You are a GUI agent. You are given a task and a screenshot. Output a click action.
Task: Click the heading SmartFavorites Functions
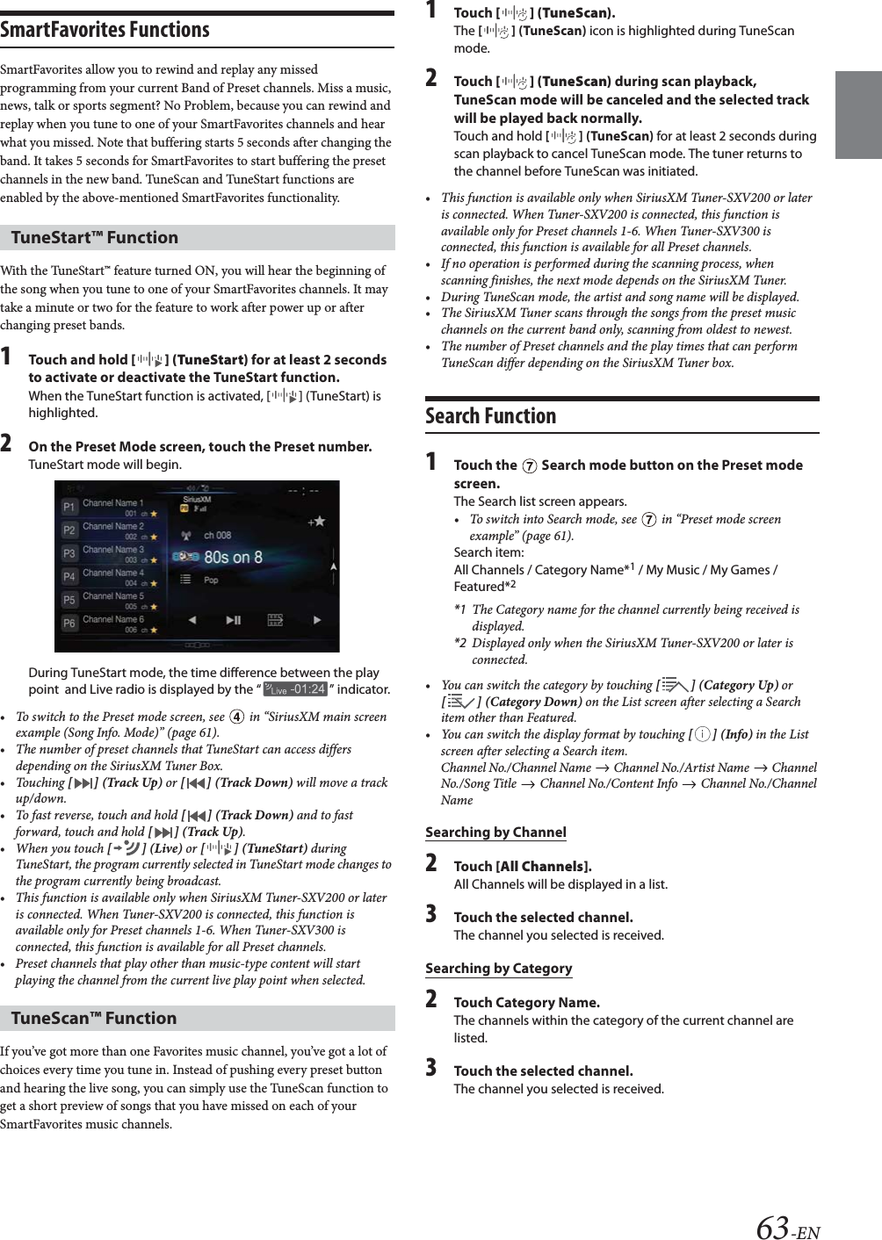105,30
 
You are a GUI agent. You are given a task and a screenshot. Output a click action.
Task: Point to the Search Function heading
490,416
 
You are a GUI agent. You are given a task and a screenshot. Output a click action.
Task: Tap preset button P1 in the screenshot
69,507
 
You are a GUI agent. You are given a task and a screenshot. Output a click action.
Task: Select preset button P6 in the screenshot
69,623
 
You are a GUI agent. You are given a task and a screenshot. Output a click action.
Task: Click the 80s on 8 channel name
232,557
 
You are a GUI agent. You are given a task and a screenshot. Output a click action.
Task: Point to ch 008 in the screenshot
217,535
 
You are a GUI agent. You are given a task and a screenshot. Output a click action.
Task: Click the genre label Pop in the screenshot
211,580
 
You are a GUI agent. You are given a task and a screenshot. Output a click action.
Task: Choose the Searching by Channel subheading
495,833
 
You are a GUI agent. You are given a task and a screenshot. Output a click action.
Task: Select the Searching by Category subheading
498,969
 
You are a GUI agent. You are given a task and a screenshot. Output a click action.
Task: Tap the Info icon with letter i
702,734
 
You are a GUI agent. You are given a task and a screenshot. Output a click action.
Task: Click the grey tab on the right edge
857,115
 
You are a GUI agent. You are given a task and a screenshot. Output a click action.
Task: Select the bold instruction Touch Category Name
526,1002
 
